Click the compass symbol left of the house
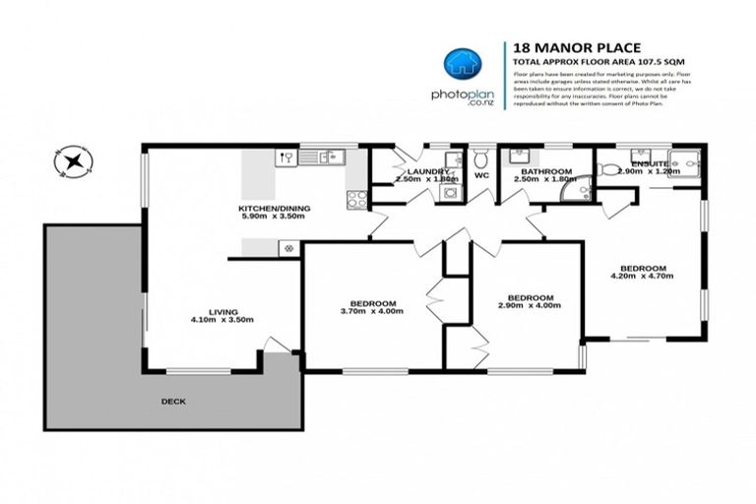pyautogui.click(x=74, y=162)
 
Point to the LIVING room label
pyautogui.click(x=222, y=309)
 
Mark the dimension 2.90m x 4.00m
pyautogui.click(x=530, y=306)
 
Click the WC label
pyautogui.click(x=481, y=176)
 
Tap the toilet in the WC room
pyautogui.click(x=481, y=158)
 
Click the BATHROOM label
pyautogui.click(x=541, y=170)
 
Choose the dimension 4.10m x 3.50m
pyautogui.click(x=222, y=319)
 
